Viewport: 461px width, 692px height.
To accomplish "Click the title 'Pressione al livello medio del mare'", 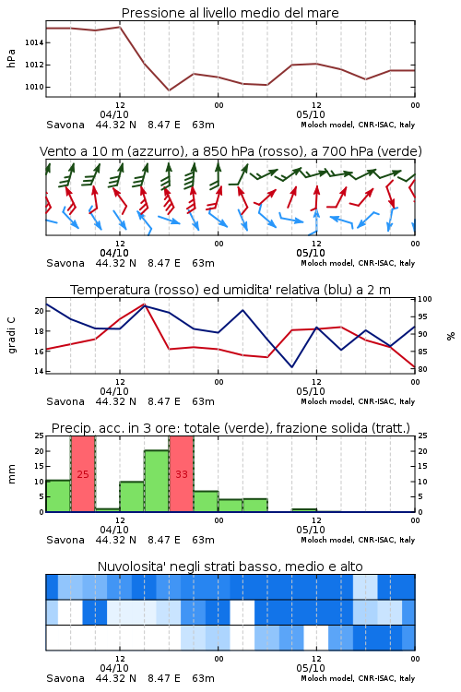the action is tap(230, 13).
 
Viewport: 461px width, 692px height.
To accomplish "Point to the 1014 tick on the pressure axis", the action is tap(34, 42).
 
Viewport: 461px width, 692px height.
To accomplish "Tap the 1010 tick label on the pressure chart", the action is tap(34, 87).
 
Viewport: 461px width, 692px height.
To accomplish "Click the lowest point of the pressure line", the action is tap(169, 90).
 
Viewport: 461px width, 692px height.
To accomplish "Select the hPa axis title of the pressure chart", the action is tap(11, 58).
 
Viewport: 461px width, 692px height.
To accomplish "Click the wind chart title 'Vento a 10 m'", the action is tap(82, 151).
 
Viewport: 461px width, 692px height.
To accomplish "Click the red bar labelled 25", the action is tap(83, 474).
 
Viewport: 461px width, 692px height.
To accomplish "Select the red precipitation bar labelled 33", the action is tap(182, 474).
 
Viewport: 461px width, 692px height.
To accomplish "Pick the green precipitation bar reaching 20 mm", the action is tap(157, 481).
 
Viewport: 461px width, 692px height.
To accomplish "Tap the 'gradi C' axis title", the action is tap(11, 336).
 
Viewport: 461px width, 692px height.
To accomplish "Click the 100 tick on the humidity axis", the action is tap(425, 299).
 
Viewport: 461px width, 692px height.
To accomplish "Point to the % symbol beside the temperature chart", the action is tap(451, 336).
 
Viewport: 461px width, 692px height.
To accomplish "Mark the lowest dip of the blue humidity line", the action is tap(291, 366).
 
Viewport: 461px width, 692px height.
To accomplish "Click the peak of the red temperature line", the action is tap(144, 304).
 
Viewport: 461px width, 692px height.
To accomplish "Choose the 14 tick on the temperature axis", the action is tap(40, 371).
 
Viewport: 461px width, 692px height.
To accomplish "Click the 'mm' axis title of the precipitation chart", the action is tap(11, 474).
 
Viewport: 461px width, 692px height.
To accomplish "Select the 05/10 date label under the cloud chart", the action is tap(311, 668).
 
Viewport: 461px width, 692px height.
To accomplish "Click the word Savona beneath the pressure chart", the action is tap(65, 125).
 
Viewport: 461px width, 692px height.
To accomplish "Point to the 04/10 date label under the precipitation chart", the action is tap(114, 530).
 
